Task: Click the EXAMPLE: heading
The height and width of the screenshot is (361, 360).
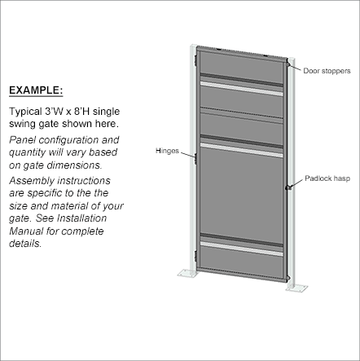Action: pos(36,90)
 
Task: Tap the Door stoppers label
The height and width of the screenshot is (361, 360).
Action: pos(327,71)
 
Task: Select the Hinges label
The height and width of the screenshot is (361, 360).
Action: pos(167,151)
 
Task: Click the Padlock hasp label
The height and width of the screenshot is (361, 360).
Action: pos(327,178)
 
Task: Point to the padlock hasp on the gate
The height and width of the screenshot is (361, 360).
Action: pos(288,187)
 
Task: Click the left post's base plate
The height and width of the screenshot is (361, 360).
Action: pos(187,273)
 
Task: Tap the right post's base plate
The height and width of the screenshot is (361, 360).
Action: pos(296,288)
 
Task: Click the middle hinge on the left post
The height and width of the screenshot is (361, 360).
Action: pos(195,159)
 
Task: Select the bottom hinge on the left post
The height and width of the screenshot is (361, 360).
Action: pos(195,257)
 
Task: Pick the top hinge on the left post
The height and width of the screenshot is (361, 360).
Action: pos(195,60)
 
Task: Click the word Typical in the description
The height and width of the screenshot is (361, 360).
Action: pos(25,112)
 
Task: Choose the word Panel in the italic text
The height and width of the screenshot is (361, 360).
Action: pos(23,140)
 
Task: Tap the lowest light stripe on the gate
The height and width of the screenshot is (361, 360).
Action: pos(241,249)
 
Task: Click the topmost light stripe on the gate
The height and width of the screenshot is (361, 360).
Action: pos(241,89)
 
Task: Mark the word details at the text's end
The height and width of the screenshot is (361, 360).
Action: pos(25,243)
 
